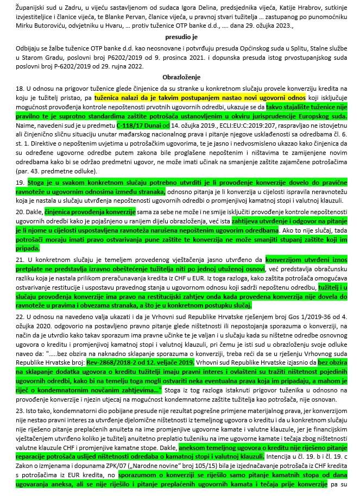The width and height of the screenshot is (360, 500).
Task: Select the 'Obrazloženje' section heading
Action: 180,77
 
